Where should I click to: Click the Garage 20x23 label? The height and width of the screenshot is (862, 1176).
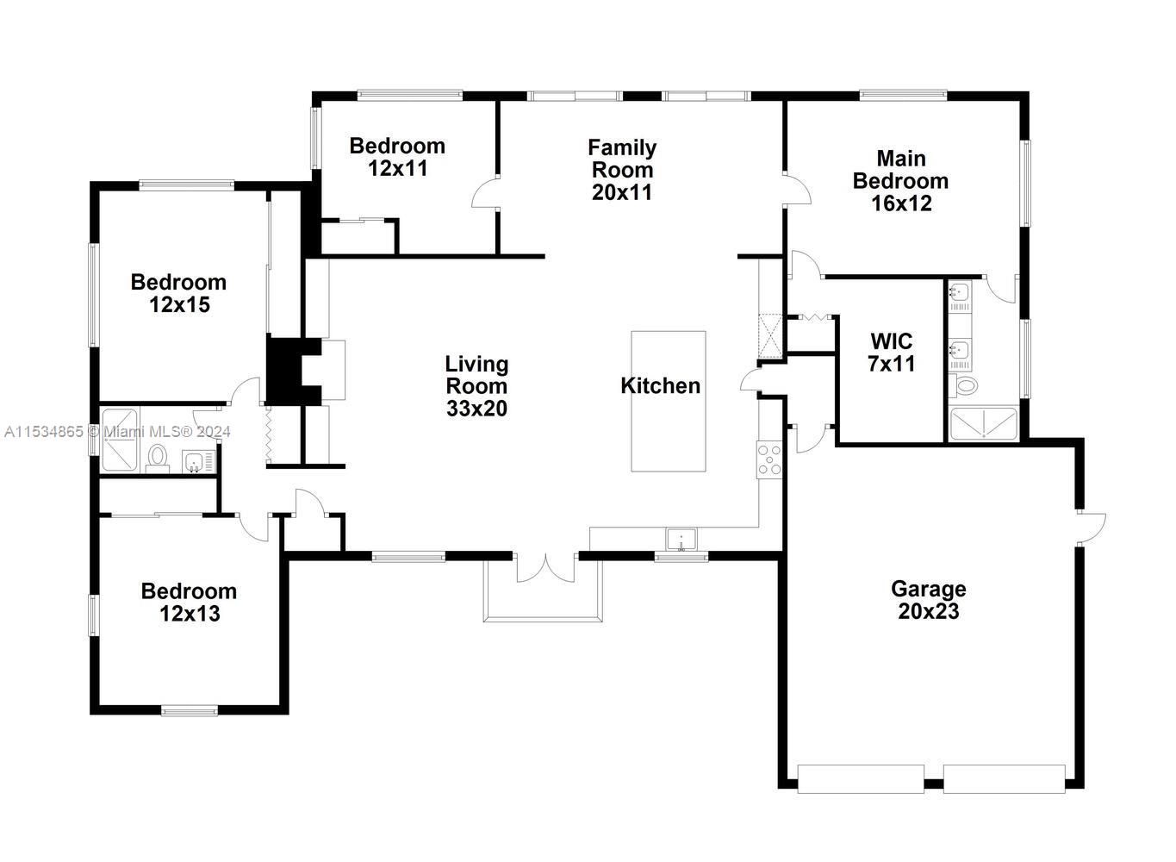click(928, 600)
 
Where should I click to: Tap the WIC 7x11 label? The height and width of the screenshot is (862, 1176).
click(891, 353)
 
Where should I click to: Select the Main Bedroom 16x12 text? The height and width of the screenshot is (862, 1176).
click(900, 181)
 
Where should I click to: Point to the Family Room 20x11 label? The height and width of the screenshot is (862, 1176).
click(621, 170)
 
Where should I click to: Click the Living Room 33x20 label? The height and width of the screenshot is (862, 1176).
click(476, 386)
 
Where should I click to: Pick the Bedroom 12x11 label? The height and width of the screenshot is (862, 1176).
click(397, 157)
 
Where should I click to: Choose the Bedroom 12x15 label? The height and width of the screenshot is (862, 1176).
click(178, 293)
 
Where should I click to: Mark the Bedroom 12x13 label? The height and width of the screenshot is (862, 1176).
click(189, 602)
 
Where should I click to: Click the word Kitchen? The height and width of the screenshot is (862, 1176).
click(660, 385)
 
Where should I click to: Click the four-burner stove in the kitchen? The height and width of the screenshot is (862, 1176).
click(769, 459)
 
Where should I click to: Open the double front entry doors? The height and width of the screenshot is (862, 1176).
click(545, 568)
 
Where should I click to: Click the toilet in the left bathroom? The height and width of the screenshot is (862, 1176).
click(158, 457)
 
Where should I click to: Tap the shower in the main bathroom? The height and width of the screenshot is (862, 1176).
click(982, 424)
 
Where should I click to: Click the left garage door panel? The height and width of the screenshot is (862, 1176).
click(861, 778)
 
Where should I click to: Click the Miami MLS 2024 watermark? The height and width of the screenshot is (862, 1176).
click(116, 431)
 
